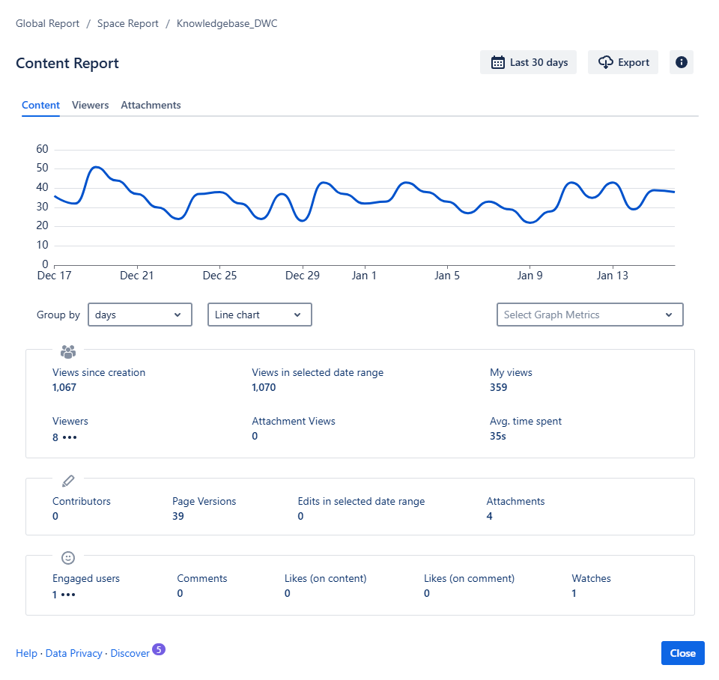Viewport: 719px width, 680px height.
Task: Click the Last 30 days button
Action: pyautogui.click(x=528, y=63)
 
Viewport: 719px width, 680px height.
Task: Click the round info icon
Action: pyautogui.click(x=681, y=63)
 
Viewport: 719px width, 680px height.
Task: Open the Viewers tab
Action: pyautogui.click(x=90, y=106)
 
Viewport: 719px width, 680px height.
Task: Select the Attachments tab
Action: pyautogui.click(x=151, y=106)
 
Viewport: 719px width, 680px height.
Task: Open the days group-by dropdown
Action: pyautogui.click(x=140, y=315)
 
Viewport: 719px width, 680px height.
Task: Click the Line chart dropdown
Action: pyautogui.click(x=259, y=315)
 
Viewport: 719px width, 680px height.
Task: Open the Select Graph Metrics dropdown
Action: pyautogui.click(x=589, y=315)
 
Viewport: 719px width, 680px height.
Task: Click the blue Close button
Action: pyautogui.click(x=682, y=653)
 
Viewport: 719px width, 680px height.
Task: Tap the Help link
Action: pyautogui.click(x=26, y=654)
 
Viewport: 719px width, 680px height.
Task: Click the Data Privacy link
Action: pyautogui.click(x=73, y=654)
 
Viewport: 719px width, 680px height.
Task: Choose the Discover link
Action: pyautogui.click(x=130, y=654)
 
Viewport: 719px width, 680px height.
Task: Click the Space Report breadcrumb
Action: pyautogui.click(x=128, y=24)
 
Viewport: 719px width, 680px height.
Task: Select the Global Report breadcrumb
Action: pyautogui.click(x=47, y=24)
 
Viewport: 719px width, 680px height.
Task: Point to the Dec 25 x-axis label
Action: pyautogui.click(x=219, y=276)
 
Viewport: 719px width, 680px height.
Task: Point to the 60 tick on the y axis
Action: pyautogui.click(x=42, y=149)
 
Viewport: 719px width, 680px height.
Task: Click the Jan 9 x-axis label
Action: pyautogui.click(x=530, y=276)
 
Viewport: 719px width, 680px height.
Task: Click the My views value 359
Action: pyautogui.click(x=498, y=388)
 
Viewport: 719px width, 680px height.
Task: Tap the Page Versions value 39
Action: pyautogui.click(x=178, y=517)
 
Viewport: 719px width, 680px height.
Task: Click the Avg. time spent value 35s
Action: pyautogui.click(x=497, y=436)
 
